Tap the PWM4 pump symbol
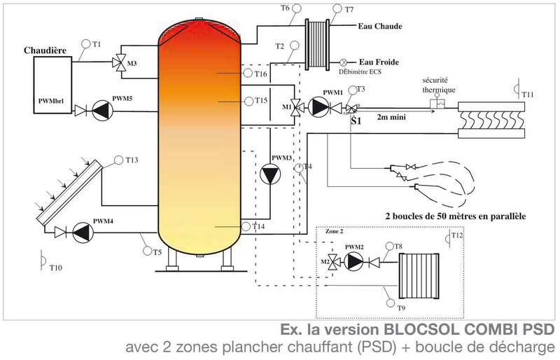[83, 231]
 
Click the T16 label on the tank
[260, 74]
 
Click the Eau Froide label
[379, 62]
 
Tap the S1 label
[356, 120]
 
